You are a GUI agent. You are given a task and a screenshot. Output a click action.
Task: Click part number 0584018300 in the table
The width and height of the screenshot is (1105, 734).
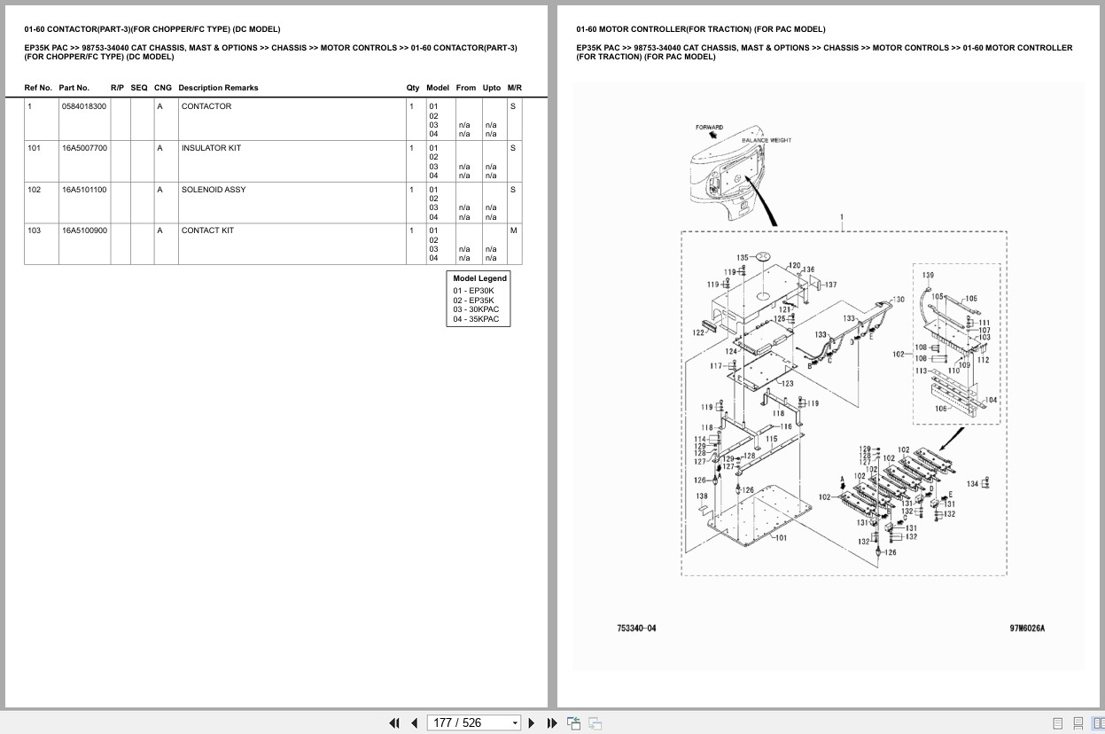[84, 106]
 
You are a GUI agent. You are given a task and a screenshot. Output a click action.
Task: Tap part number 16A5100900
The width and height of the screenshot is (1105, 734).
[84, 230]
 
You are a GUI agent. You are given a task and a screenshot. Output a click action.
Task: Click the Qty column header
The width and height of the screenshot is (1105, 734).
[413, 88]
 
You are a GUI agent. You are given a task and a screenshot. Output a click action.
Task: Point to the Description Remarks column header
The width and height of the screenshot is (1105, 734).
[218, 88]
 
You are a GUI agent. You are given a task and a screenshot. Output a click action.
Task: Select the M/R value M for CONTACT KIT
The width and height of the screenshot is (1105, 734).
[513, 230]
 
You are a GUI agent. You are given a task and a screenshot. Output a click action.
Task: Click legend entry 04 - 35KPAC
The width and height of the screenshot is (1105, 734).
[476, 319]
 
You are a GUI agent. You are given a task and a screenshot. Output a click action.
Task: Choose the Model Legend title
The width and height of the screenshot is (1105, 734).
[479, 278]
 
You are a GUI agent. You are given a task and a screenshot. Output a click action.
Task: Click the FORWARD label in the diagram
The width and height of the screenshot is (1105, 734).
[709, 128]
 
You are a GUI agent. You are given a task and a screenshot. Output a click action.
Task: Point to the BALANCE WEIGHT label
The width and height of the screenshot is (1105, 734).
[766, 140]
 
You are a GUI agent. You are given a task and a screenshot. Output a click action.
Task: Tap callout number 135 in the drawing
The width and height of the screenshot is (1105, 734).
[743, 257]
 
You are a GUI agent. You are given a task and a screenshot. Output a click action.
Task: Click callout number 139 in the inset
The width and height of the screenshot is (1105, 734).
[928, 276]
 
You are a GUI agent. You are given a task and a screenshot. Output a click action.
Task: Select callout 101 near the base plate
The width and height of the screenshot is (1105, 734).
[780, 538]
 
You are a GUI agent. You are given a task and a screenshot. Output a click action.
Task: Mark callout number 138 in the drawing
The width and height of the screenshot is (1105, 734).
[702, 496]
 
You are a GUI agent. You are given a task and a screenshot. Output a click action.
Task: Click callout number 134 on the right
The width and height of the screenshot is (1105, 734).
[972, 484]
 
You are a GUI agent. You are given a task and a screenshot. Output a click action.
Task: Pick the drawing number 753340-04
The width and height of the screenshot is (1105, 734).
[636, 629]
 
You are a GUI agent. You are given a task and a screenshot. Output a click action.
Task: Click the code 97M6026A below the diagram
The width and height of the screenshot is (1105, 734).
[1027, 629]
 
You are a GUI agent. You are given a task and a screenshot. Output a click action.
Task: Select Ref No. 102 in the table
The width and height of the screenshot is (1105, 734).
[34, 190]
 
